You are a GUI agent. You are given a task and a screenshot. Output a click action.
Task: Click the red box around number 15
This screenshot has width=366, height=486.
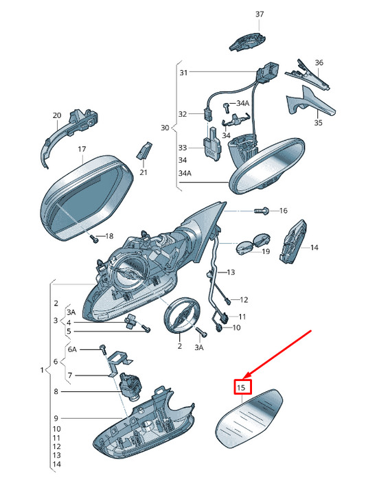tap(242, 387)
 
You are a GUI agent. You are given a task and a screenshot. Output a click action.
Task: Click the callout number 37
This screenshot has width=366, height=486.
tap(260, 14)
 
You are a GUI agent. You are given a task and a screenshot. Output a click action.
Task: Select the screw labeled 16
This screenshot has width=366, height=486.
tap(261, 211)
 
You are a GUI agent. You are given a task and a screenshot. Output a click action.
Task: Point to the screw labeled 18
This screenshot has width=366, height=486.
tap(93, 238)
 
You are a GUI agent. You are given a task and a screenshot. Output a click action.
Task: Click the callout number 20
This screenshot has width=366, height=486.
tap(57, 115)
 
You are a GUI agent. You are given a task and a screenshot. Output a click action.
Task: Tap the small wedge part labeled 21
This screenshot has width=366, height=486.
tap(144, 150)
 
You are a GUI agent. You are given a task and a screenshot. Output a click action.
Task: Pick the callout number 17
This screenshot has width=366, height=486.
tap(82, 149)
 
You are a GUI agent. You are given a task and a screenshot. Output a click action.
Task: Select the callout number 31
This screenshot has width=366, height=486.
tap(183, 73)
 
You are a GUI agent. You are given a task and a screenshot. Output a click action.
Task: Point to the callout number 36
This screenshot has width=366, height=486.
tap(319, 62)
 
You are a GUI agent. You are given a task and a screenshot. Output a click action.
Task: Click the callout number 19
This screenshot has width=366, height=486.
tap(266, 251)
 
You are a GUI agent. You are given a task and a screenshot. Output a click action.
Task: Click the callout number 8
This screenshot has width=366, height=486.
tap(56, 391)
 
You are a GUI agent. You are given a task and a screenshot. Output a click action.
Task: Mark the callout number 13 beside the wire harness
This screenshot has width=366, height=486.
tap(231, 272)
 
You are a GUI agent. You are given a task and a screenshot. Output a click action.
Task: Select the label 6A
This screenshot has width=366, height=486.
tap(72, 349)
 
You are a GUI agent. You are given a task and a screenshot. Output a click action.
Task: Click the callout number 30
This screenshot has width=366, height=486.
tap(165, 128)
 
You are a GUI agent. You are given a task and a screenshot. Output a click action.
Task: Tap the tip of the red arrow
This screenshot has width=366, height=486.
tap(244, 378)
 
